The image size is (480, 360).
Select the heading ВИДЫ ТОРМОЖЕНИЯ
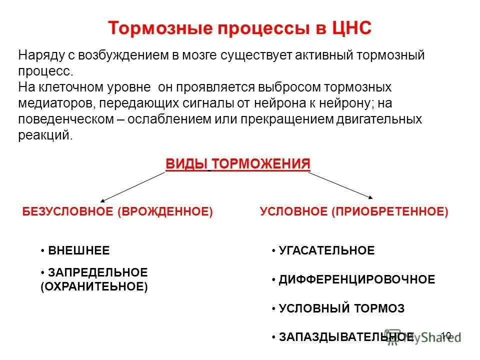(237, 164)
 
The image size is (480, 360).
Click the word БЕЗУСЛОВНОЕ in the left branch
(68, 212)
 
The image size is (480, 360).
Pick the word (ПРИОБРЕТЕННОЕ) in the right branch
(389, 212)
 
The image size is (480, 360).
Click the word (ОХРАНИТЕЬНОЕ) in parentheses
(94, 287)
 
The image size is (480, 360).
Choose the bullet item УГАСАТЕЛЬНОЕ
(326, 250)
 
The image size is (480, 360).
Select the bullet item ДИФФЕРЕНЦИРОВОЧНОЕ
(356, 279)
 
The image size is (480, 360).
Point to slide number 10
(446, 335)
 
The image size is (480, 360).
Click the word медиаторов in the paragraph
(56, 103)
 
